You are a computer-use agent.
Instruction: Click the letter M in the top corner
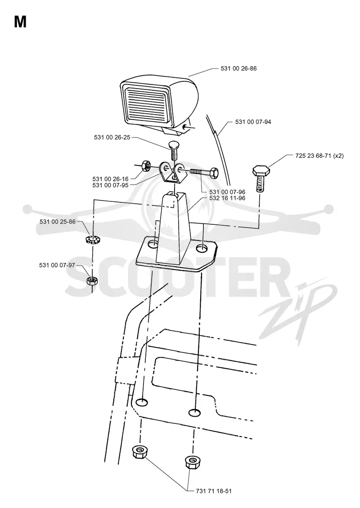click(x=20, y=22)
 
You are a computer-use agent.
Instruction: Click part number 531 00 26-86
click(x=238, y=68)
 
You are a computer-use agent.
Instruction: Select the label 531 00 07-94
click(x=253, y=122)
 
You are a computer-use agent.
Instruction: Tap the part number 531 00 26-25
click(x=112, y=138)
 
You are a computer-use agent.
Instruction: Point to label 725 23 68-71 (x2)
click(x=319, y=156)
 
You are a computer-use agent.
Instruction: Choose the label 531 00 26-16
click(x=110, y=179)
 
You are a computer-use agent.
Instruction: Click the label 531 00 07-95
click(x=110, y=185)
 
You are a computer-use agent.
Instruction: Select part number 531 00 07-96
click(x=227, y=192)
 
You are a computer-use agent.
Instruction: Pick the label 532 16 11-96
click(x=227, y=198)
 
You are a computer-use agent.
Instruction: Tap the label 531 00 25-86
click(x=58, y=222)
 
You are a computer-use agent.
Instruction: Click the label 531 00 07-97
click(x=57, y=265)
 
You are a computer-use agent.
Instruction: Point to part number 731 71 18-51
click(x=214, y=491)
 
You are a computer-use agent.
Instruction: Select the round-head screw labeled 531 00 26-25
click(x=175, y=149)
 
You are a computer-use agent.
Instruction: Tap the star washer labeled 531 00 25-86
click(x=92, y=240)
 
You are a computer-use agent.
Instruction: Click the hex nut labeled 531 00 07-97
click(x=92, y=280)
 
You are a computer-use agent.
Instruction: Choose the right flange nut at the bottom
click(x=192, y=462)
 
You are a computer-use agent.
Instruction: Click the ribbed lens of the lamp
click(x=147, y=104)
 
